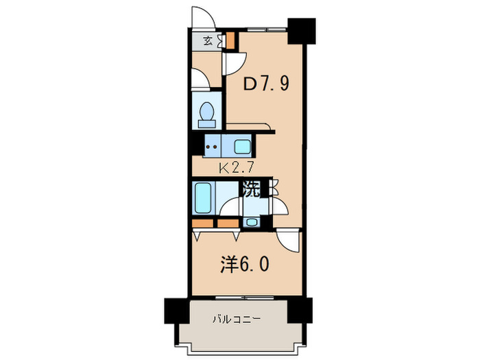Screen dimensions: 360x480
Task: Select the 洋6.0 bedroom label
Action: [x=239, y=264]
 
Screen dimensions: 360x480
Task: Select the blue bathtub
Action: [x=204, y=199]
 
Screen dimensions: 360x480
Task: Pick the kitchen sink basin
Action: [x=241, y=145]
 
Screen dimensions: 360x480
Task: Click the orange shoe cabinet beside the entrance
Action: [x=231, y=40]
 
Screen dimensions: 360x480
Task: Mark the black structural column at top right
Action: [x=301, y=29]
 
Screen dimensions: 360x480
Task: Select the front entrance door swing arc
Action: [x=203, y=16]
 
